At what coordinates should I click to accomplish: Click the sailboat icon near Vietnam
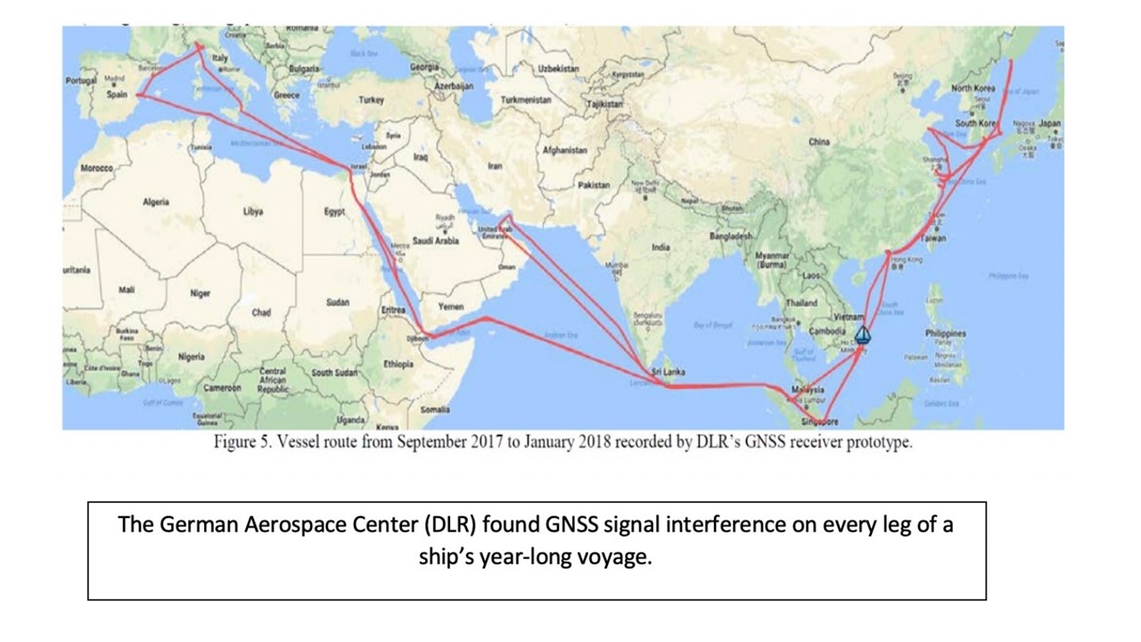[x=862, y=335]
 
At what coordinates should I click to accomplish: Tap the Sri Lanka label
[x=668, y=372]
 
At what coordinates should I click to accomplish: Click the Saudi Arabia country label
[x=435, y=241]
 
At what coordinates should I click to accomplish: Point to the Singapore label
[x=818, y=421]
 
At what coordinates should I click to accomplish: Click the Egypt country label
[x=334, y=211]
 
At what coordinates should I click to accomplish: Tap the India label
[x=661, y=247]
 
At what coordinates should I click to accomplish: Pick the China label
[x=818, y=141]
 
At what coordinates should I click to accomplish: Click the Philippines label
[x=945, y=333]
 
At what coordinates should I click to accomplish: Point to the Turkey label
[x=371, y=101]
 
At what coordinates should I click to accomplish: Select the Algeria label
[x=155, y=202]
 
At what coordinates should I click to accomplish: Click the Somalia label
[x=435, y=409]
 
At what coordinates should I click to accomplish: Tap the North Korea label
[x=973, y=88]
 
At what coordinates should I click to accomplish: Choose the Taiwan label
[x=934, y=238]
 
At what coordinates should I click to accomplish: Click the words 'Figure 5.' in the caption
[x=241, y=443]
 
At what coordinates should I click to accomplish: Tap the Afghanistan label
[x=565, y=151]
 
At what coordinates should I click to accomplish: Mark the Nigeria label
[x=191, y=356]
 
